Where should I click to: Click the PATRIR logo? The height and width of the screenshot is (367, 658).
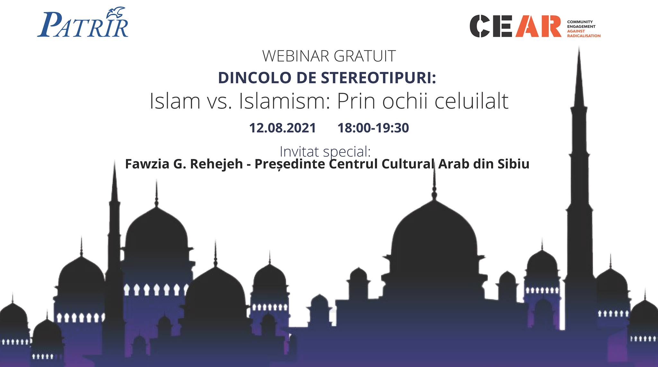tap(83, 25)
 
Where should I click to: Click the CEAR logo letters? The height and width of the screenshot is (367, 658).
tap(515, 26)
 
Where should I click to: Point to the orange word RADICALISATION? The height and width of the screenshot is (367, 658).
tap(584, 36)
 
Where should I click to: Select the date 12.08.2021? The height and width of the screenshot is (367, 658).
tap(283, 128)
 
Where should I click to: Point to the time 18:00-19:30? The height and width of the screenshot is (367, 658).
tap(373, 128)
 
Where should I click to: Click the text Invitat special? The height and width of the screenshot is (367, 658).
tap(325, 152)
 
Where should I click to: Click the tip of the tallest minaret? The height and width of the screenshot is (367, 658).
tap(579, 47)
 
